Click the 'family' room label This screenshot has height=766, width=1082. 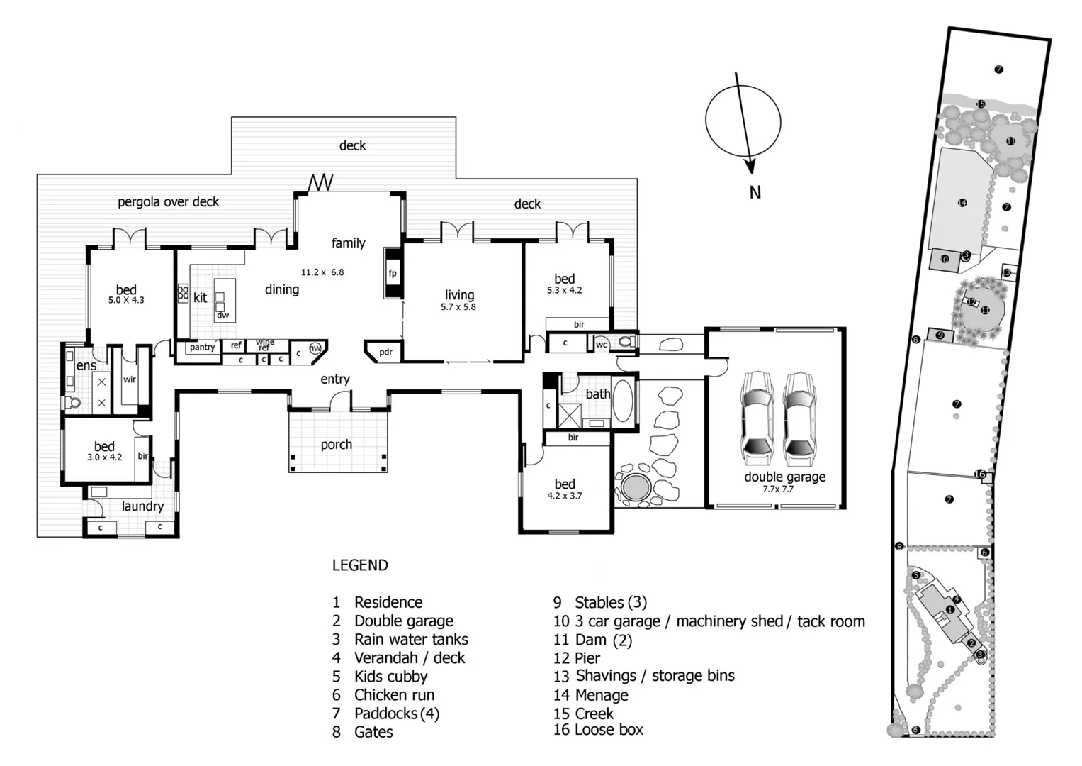[x=348, y=243]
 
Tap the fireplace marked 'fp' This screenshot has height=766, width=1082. [x=393, y=273]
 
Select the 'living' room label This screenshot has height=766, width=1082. [x=459, y=295]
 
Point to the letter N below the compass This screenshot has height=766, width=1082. [x=755, y=192]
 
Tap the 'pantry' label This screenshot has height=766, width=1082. [x=202, y=348]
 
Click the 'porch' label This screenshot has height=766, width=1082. [x=336, y=445]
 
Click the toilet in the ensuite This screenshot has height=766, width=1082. [x=73, y=403]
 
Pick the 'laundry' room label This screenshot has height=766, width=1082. [x=142, y=506]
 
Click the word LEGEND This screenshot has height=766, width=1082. [x=360, y=565]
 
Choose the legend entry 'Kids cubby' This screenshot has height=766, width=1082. [x=390, y=677]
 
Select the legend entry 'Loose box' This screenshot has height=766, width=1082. [x=609, y=730]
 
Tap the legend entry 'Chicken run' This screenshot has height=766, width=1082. [x=394, y=695]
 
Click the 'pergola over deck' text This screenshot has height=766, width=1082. [x=169, y=202]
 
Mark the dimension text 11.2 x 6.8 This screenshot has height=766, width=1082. [x=322, y=272]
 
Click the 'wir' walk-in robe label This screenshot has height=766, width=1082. [x=130, y=379]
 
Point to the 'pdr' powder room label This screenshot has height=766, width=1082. [x=385, y=352]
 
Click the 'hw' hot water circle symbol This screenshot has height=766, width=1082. [x=315, y=348]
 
